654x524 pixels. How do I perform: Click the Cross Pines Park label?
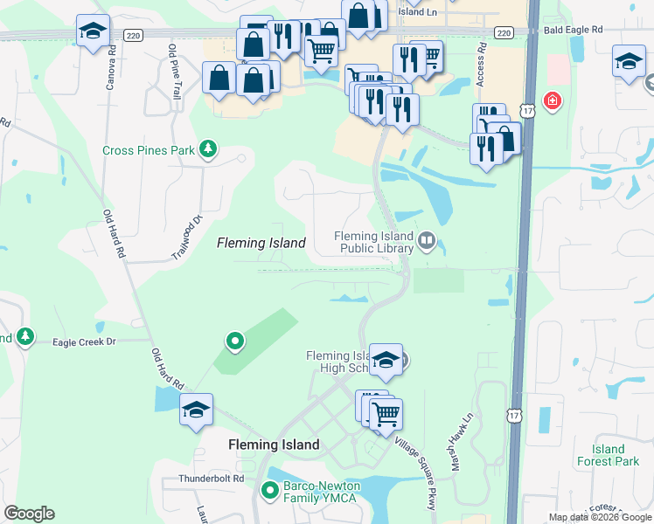point(149,150)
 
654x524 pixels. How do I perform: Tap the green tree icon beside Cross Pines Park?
point(208,149)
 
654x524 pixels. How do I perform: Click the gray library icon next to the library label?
point(427,239)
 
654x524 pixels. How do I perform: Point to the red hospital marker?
point(552,101)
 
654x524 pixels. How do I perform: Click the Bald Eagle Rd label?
point(572,30)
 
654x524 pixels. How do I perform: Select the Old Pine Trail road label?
point(174,70)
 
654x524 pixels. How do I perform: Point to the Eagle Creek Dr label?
point(84,342)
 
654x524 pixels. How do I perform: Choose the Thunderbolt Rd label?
point(210,479)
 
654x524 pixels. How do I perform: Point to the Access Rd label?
point(480,66)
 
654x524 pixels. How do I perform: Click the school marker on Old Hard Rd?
point(196,409)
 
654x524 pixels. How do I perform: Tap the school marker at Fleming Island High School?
point(385,360)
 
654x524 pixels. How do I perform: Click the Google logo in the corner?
point(29,514)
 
